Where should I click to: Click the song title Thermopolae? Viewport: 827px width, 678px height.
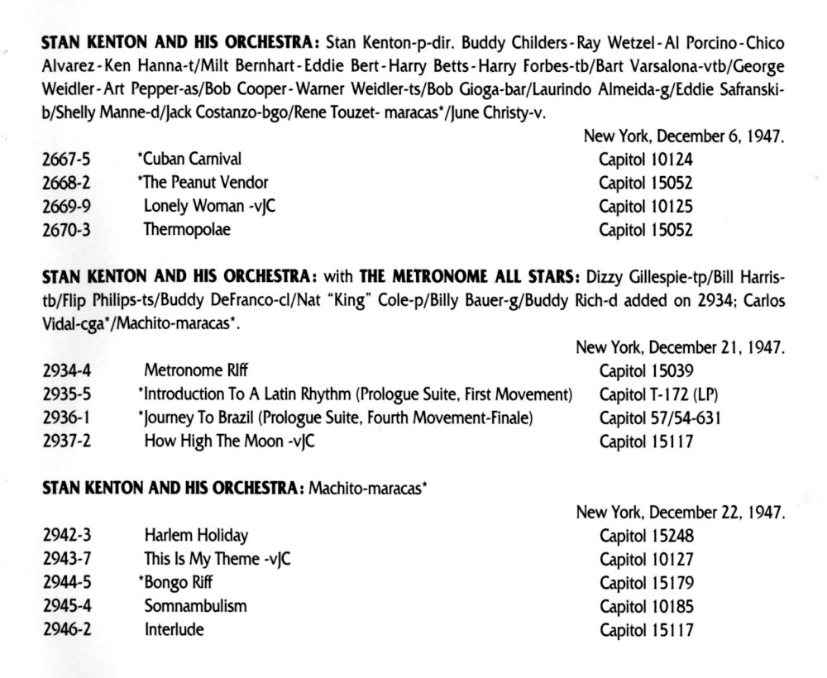pyautogui.click(x=187, y=230)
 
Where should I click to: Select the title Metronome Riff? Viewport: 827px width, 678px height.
pyautogui.click(x=196, y=370)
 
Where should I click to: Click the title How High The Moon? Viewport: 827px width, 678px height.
pyautogui.click(x=213, y=442)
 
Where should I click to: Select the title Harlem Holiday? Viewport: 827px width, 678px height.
pyautogui.click(x=196, y=535)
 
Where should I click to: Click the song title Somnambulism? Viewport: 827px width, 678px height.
pyautogui.click(x=195, y=606)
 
